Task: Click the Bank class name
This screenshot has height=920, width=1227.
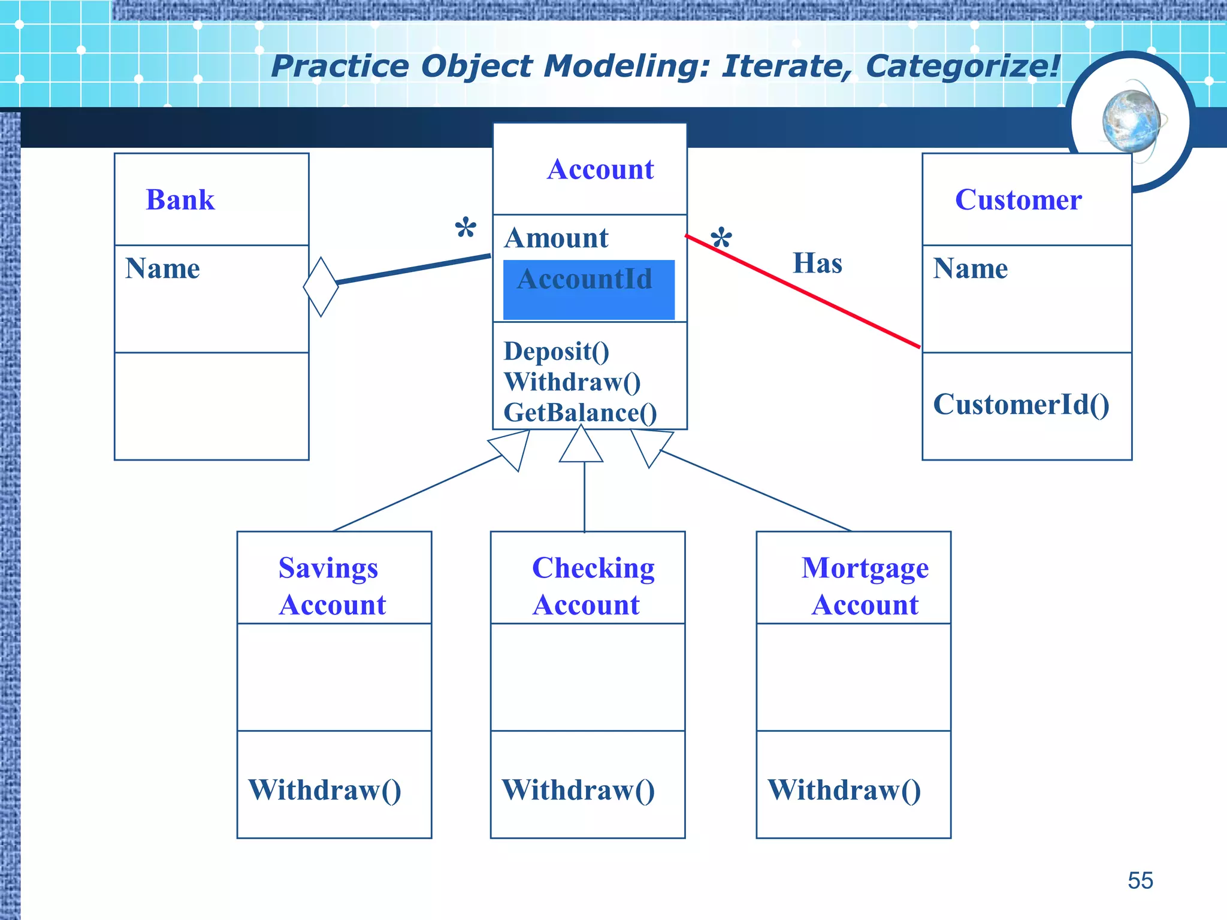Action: [180, 199]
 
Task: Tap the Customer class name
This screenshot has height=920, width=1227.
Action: [1018, 199]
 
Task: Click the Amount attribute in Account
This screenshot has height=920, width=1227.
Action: [556, 238]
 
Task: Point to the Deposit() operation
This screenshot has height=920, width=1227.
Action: [556, 351]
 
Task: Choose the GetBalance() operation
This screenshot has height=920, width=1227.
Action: [580, 413]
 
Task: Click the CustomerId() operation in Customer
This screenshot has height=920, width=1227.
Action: [1021, 404]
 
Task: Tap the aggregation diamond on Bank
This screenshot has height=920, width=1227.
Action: [321, 287]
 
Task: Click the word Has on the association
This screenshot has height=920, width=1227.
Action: [817, 263]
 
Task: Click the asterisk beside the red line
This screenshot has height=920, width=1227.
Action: [721, 239]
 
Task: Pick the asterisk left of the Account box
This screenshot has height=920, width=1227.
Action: [466, 229]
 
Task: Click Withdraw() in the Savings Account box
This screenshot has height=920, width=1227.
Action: [324, 790]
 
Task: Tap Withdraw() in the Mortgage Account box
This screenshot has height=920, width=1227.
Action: [844, 790]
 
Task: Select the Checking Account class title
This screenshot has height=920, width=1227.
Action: [592, 586]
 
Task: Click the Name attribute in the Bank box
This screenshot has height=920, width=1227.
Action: [162, 268]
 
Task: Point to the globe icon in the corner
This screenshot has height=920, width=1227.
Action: [1131, 122]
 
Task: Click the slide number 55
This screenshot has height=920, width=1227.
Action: [1140, 880]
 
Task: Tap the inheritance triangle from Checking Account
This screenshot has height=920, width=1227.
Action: [581, 445]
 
